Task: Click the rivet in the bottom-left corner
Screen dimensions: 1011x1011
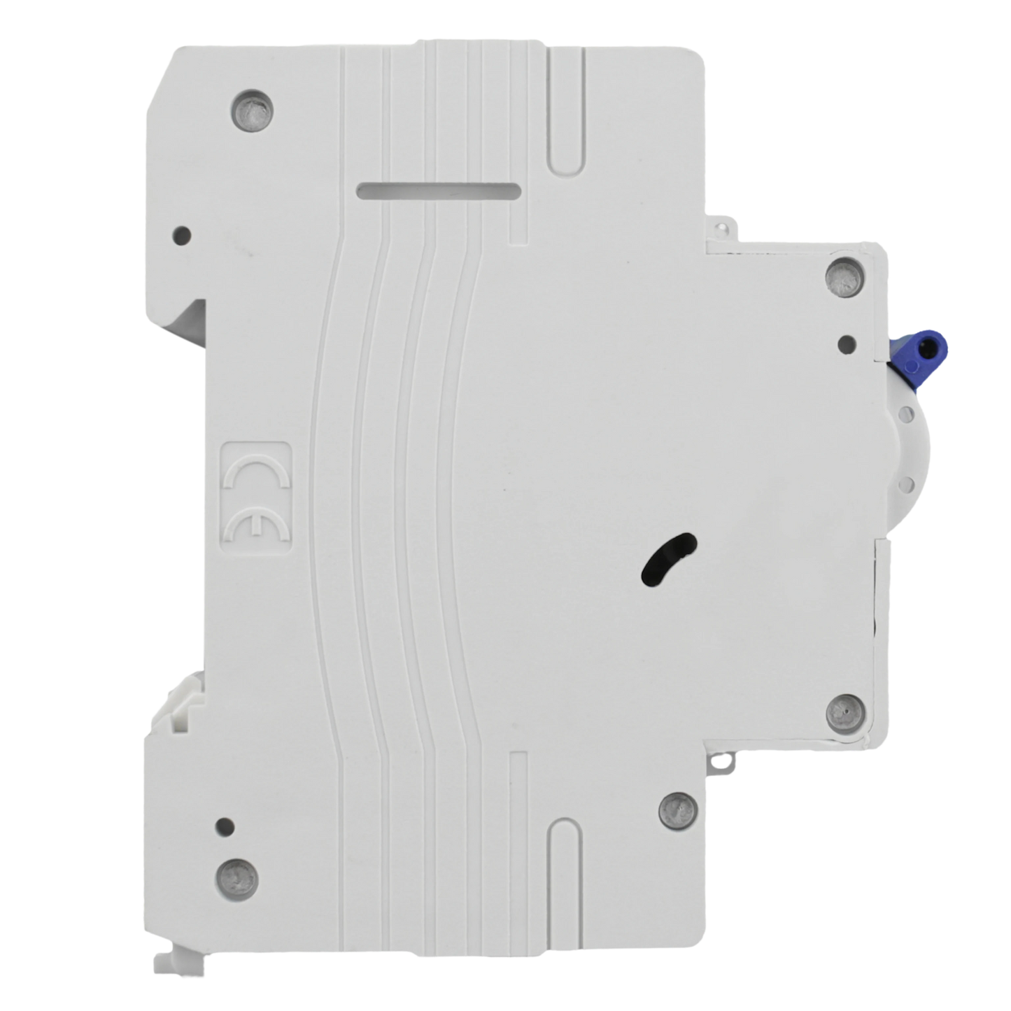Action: (238, 880)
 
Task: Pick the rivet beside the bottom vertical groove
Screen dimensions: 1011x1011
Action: (679, 813)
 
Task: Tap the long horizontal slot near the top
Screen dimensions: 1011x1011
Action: (438, 191)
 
